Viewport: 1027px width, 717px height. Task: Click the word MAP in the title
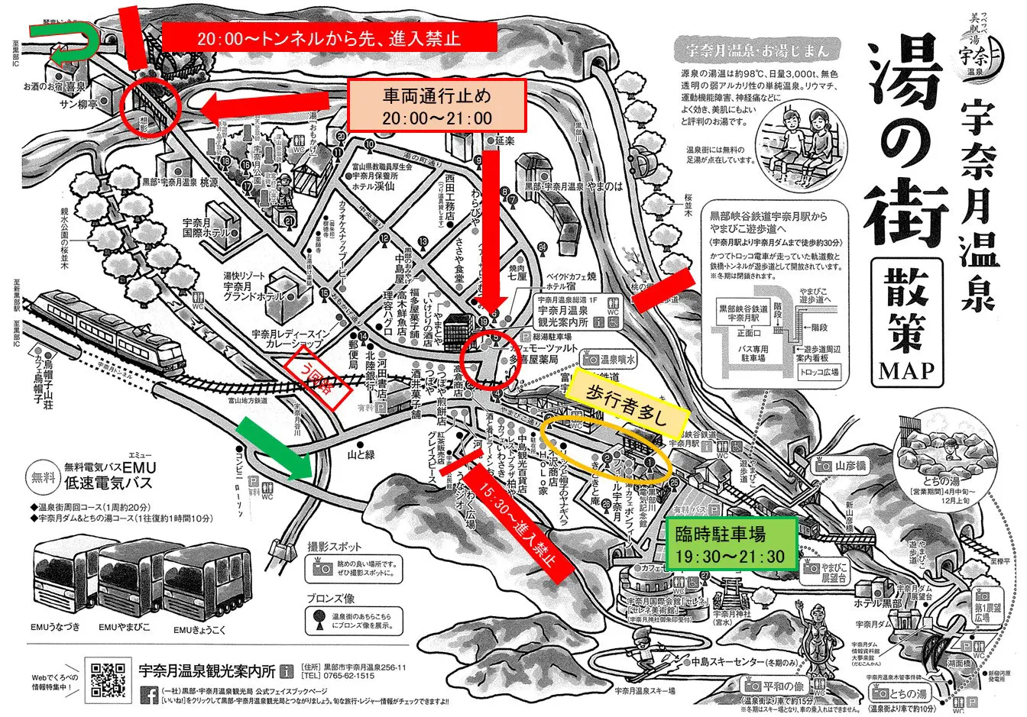tap(906, 370)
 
